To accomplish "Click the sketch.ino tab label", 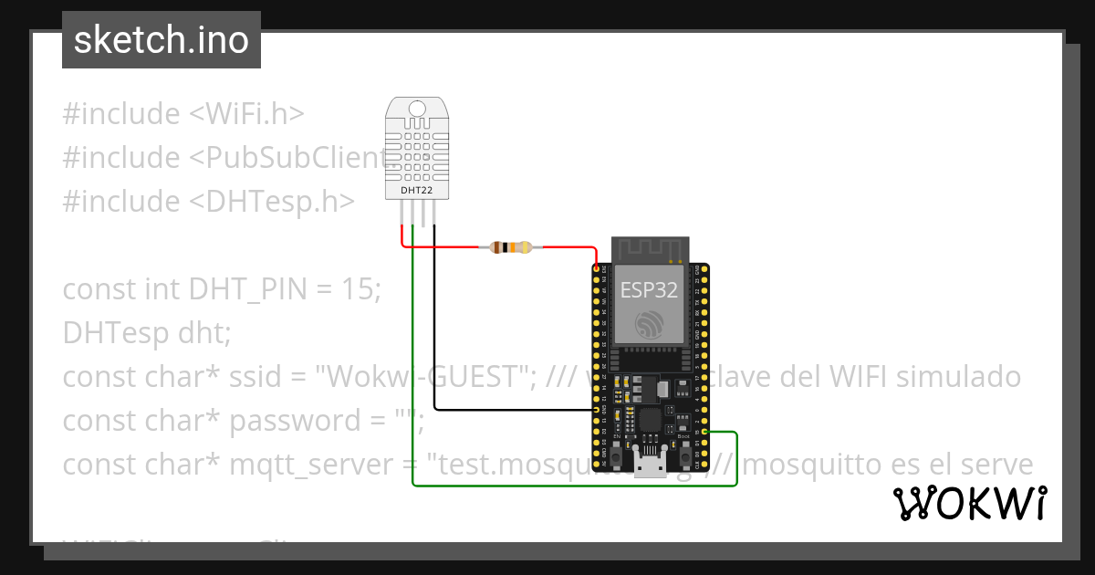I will pyautogui.click(x=161, y=40).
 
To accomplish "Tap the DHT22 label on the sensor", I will pyautogui.click(x=417, y=191).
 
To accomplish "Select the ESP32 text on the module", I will pyautogui.click(x=650, y=290).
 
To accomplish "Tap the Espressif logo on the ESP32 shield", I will pyautogui.click(x=650, y=323).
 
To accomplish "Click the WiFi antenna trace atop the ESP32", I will pyautogui.click(x=650, y=249).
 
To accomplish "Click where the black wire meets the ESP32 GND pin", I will pyautogui.click(x=597, y=410).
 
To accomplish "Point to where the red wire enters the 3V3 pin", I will pyautogui.click(x=597, y=268).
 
